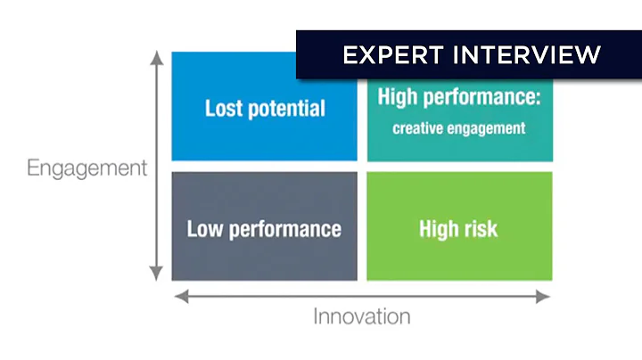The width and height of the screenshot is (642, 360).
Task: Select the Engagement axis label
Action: click(x=86, y=168)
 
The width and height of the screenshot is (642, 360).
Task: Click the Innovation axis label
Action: click(x=361, y=316)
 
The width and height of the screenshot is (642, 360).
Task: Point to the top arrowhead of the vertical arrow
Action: click(x=157, y=58)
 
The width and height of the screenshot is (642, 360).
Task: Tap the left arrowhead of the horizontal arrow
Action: click(x=178, y=297)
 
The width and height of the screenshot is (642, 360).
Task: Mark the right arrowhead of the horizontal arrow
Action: click(x=545, y=297)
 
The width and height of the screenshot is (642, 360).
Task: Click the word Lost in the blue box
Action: click(x=223, y=109)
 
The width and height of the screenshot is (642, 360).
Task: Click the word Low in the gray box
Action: click(x=204, y=228)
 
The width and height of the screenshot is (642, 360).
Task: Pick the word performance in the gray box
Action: click(x=284, y=229)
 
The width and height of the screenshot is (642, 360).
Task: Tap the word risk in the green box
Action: click(x=479, y=229)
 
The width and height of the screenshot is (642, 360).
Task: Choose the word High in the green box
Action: click(x=438, y=229)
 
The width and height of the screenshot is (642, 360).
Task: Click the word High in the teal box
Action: click(x=398, y=97)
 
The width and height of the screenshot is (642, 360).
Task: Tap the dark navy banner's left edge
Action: click(x=298, y=55)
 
